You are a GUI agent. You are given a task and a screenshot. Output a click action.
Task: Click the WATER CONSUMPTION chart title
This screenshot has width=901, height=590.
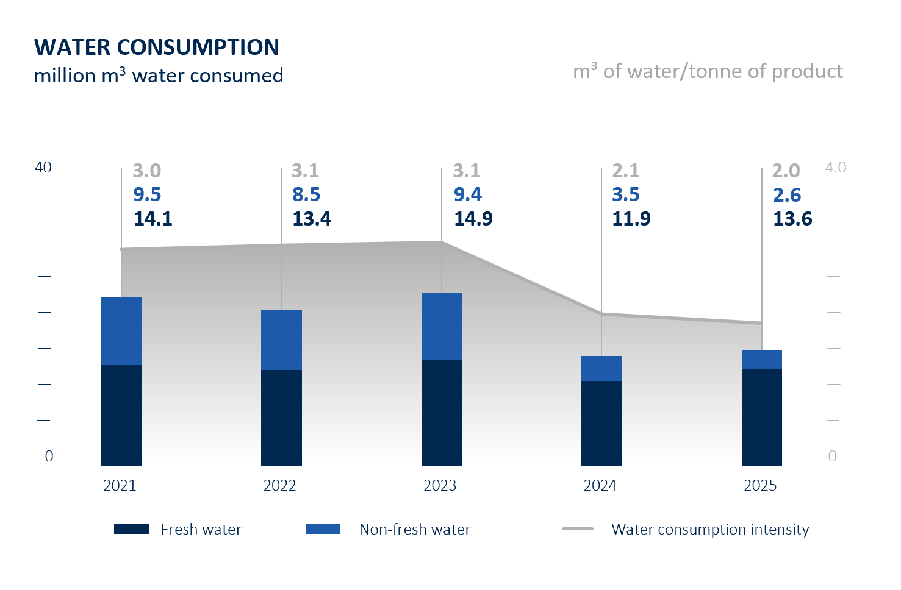coord(157,47)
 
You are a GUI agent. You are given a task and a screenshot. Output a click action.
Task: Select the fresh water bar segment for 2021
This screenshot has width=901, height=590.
coord(121,415)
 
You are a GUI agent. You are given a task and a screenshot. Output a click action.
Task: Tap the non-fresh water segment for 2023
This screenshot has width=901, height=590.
coord(442,326)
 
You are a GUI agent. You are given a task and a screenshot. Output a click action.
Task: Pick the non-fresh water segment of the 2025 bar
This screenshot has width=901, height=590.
coord(761,360)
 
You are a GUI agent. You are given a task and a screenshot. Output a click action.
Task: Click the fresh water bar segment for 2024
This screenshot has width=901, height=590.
coord(601,423)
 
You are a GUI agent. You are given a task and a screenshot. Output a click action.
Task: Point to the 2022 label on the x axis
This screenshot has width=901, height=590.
coord(279,486)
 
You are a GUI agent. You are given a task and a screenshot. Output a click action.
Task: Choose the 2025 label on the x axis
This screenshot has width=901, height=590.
coord(760,486)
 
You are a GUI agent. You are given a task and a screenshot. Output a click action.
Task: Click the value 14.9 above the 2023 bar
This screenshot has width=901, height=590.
coord(473,219)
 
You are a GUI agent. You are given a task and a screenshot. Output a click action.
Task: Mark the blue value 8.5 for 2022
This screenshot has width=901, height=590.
coord(306,194)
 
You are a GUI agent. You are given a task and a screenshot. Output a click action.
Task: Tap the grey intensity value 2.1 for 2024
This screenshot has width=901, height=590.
coord(626,171)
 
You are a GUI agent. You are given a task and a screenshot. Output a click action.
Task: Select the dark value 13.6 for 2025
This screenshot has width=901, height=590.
coord(792,219)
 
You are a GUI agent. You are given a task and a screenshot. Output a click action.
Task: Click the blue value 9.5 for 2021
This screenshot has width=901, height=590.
coord(147,194)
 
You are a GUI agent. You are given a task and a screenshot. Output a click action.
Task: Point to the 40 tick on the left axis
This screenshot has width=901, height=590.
coord(43,168)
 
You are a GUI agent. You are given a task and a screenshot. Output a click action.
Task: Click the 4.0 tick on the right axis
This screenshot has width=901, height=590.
coord(836,168)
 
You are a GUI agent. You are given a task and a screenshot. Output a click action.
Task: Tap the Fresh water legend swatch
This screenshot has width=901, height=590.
coord(131,529)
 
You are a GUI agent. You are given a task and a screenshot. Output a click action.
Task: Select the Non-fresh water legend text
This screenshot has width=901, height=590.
coord(415,529)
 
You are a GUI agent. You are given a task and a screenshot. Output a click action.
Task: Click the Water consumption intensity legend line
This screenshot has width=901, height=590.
coord(577,529)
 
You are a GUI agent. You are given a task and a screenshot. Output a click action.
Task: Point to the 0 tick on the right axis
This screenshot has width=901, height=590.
coord(832,457)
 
